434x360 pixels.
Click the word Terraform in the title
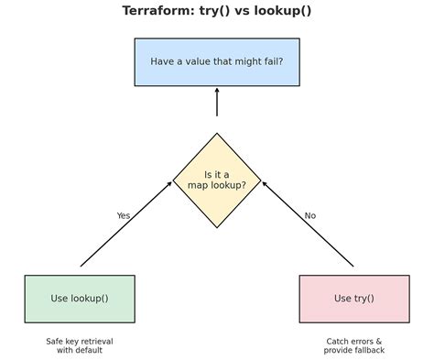coord(157,11)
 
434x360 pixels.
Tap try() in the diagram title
coord(213,11)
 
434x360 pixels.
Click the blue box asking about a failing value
coord(217,62)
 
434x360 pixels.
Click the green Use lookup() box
coord(80,299)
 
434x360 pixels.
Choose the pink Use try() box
coord(354,299)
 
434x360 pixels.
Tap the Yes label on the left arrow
coord(124,216)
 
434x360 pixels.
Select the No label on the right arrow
coord(310,216)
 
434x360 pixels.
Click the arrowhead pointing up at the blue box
coord(217,91)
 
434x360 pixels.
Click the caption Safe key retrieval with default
coord(80,345)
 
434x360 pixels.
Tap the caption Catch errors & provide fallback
coord(354,345)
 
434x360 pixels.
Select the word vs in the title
coord(241,11)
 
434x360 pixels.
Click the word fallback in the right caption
coord(368,350)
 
